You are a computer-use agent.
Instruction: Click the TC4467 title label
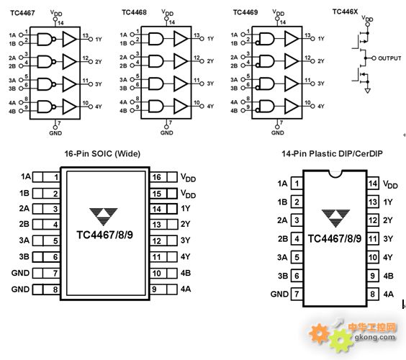coord(22,13)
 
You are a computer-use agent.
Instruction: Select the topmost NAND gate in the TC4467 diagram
coord(46,40)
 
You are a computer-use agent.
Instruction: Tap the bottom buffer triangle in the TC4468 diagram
coord(181,106)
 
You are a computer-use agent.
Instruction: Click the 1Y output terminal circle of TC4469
coord(312,39)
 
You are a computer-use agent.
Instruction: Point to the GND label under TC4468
coord(166,133)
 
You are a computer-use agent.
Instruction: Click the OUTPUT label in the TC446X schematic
coord(389,58)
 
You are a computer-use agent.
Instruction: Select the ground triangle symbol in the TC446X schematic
coord(367,91)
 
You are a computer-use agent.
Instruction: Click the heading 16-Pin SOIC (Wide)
coord(102,153)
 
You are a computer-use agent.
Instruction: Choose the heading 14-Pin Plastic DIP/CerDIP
coord(332,153)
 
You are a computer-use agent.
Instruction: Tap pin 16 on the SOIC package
coord(163,177)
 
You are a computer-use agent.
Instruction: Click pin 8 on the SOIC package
coord(46,289)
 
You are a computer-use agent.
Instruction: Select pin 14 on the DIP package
coord(373,184)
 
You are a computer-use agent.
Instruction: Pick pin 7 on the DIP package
coord(297,294)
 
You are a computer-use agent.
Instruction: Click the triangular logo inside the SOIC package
coord(104,216)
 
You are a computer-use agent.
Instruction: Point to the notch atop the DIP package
coord(335,174)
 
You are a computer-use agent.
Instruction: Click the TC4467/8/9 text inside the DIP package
coord(335,238)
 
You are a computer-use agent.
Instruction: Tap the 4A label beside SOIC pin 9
coord(186,289)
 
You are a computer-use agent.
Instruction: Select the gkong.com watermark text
coord(375,337)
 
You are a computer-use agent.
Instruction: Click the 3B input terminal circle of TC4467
coord(21,89)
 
